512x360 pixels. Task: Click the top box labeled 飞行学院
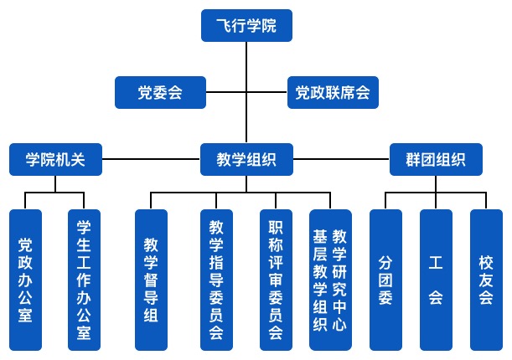(246, 25)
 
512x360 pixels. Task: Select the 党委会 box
(160, 92)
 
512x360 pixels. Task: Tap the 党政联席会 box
(333, 92)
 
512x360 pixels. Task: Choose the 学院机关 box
(55, 158)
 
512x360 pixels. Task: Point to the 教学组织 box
(246, 158)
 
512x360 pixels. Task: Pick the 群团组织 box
(436, 158)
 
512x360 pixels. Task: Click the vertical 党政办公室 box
(25, 280)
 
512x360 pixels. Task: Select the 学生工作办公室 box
(84, 280)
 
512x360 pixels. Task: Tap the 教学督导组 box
(151, 280)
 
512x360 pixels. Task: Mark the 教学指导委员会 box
(215, 280)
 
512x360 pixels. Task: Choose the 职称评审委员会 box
(276, 280)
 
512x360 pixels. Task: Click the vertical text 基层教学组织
(319, 280)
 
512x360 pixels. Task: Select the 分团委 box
(385, 280)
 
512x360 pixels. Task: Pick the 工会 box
(436, 280)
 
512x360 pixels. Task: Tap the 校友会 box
(486, 280)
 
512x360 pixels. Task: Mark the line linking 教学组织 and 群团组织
(341, 158)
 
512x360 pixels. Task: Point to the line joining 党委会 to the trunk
(226, 92)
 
